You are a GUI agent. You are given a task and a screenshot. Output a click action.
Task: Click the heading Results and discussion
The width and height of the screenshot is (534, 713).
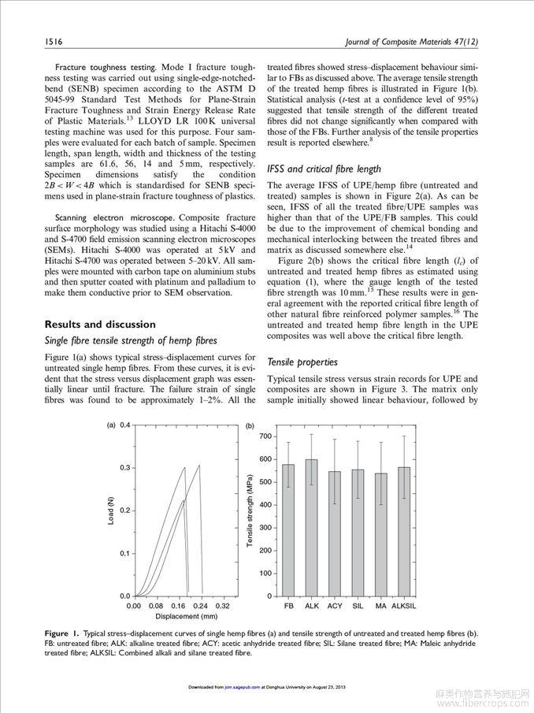(100, 324)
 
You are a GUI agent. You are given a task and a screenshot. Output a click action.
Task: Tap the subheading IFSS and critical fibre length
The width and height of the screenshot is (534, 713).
(324, 169)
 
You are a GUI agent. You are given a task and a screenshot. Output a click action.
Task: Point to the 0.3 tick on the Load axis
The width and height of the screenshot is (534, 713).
(124, 468)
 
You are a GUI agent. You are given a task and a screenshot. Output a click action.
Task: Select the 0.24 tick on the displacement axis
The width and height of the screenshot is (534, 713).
(201, 607)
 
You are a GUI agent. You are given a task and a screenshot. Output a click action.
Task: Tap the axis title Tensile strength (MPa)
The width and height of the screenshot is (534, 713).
(250, 512)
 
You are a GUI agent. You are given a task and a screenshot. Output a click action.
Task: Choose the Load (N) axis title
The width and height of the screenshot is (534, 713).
(110, 512)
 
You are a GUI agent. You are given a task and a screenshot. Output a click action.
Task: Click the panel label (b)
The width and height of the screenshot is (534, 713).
(250, 425)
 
